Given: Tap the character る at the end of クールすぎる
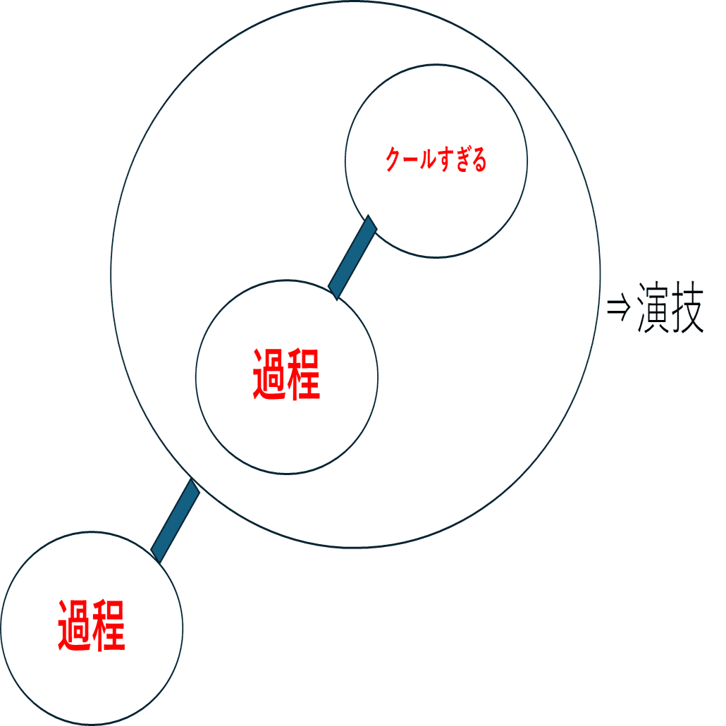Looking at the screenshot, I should (x=479, y=161).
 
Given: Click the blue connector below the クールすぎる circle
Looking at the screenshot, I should (x=352, y=257).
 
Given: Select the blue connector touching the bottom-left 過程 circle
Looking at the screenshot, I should (x=176, y=520).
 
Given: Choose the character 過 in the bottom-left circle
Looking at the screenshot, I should (x=74, y=625).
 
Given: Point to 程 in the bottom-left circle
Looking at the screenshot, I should (x=109, y=625).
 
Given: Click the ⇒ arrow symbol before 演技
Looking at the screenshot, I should (x=617, y=308).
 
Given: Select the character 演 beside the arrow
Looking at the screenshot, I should (x=652, y=308).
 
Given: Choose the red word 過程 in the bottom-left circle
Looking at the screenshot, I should (x=92, y=625).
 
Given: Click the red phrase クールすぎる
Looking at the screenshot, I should (x=436, y=161).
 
